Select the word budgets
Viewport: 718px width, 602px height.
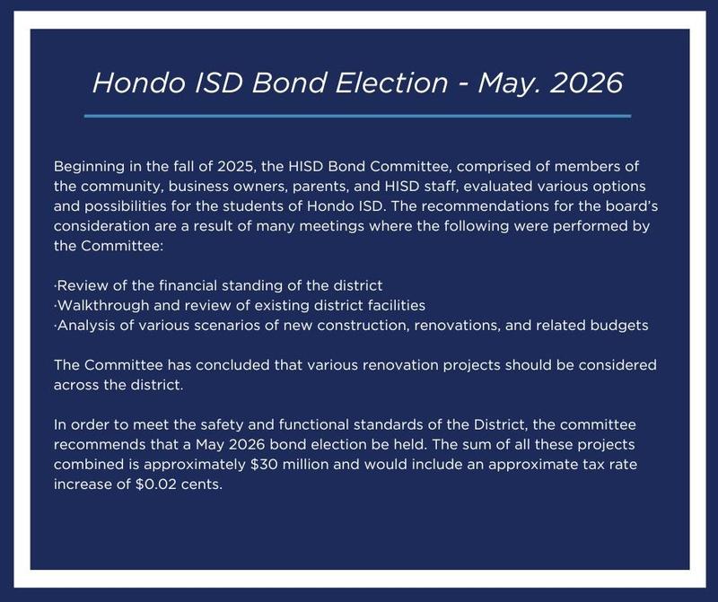(618, 325)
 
